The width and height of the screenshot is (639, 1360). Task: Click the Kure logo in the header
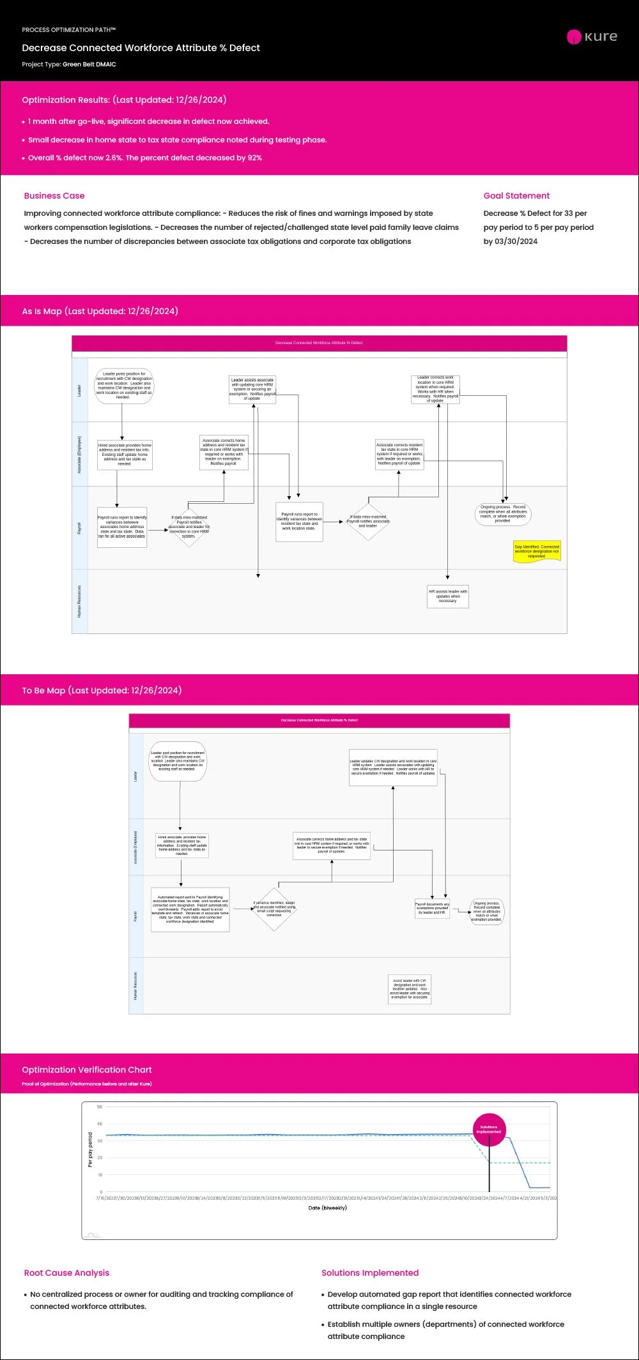pos(592,36)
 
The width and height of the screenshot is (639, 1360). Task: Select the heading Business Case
pos(54,196)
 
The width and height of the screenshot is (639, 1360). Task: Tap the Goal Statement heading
pos(516,196)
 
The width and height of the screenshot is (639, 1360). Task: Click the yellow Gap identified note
pos(537,552)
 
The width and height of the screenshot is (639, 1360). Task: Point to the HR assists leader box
pos(448,596)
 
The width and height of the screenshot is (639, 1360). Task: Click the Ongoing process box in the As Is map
pos(503,514)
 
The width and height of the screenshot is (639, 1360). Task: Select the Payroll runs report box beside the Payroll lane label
pos(122,527)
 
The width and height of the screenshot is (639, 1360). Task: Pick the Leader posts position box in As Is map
pos(125,386)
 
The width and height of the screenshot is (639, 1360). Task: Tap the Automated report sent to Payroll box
pos(190,909)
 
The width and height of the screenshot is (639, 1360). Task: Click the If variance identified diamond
pos(274,909)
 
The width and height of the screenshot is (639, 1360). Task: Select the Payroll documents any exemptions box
pos(433,909)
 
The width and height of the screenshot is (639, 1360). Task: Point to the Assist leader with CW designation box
pos(410,989)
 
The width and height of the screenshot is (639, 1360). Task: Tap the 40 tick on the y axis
pos(100,1124)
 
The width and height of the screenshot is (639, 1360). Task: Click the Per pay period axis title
pos(90,1150)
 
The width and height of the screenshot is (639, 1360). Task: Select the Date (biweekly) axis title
pos(327,1208)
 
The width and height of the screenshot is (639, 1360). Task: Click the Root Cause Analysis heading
pos(66,1273)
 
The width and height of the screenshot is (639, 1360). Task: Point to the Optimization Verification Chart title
pos(87,1069)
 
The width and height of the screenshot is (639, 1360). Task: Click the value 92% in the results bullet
pos(255,158)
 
